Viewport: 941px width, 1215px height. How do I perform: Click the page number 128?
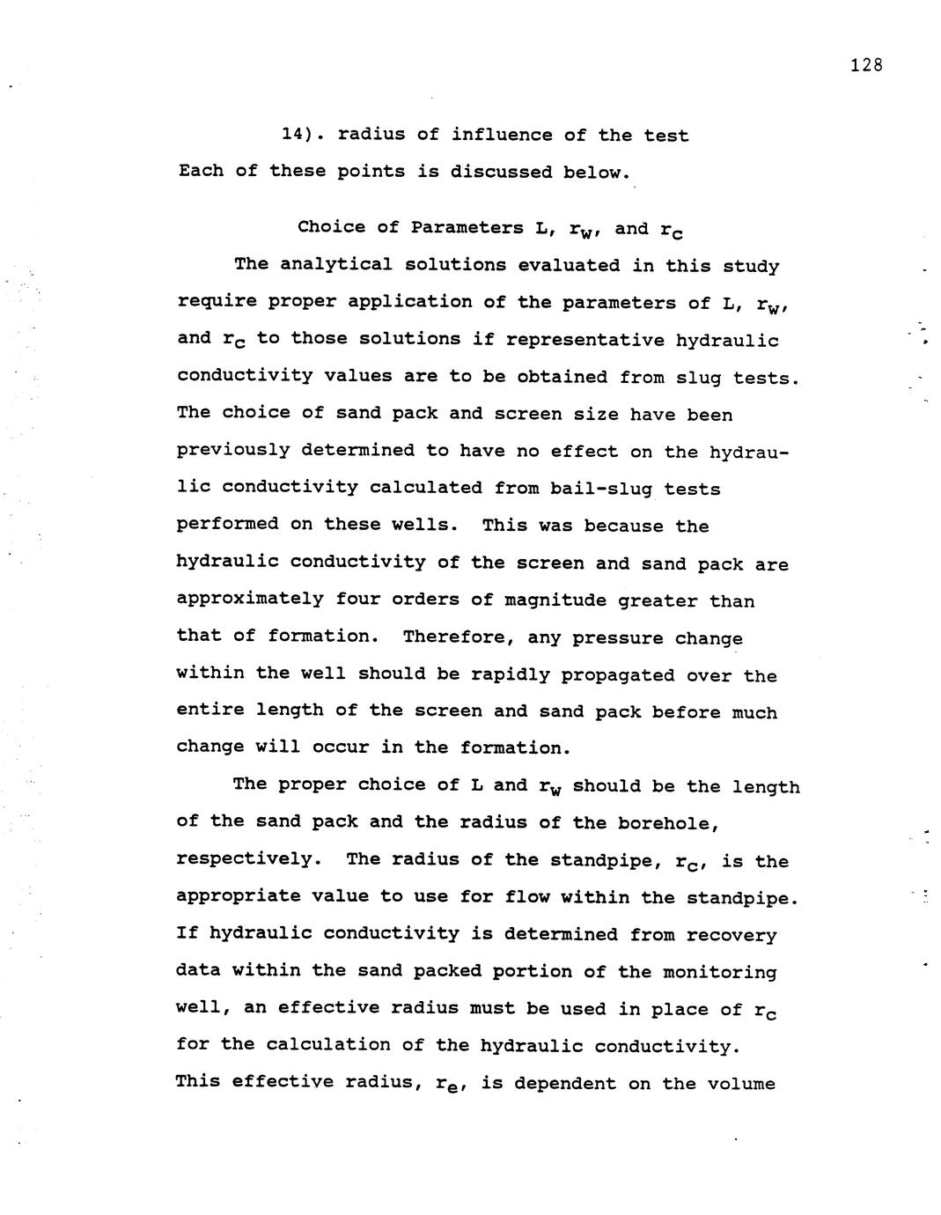[x=866, y=65]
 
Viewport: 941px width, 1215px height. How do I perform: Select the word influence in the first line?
[x=501, y=135]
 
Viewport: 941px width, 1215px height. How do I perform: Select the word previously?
[x=233, y=450]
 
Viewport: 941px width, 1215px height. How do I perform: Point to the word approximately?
[x=250, y=599]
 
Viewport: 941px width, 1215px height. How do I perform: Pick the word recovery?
[x=731, y=935]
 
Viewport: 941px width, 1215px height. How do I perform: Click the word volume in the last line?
[x=741, y=1084]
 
